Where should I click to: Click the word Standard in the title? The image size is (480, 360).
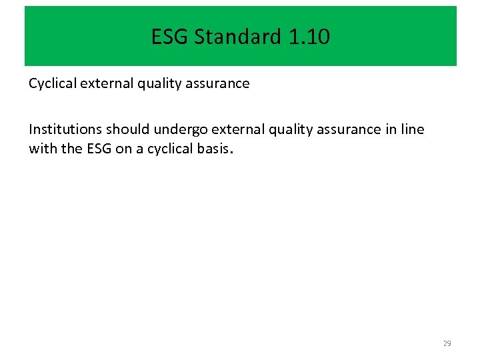pos(238,37)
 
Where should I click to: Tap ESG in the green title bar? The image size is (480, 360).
pos(170,37)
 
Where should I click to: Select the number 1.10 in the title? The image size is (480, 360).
pos(309,37)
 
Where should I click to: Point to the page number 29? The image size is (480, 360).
pos(447,343)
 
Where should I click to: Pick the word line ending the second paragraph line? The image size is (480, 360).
pos(411,129)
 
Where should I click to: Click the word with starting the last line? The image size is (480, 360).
pos(43,148)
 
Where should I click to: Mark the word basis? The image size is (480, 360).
pos(212,148)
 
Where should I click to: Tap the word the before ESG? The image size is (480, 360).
pos(71,148)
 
